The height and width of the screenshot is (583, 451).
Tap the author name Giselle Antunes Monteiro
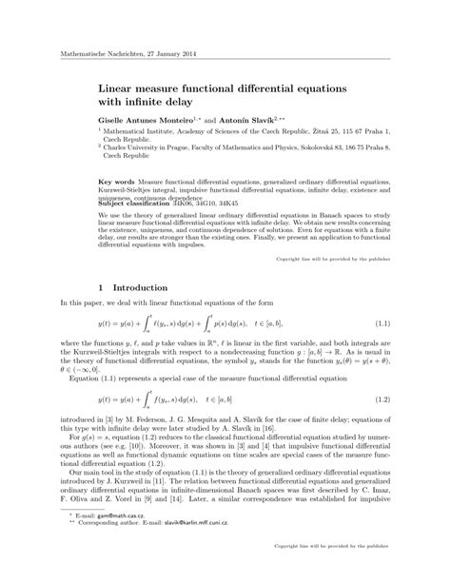click(147, 124)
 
